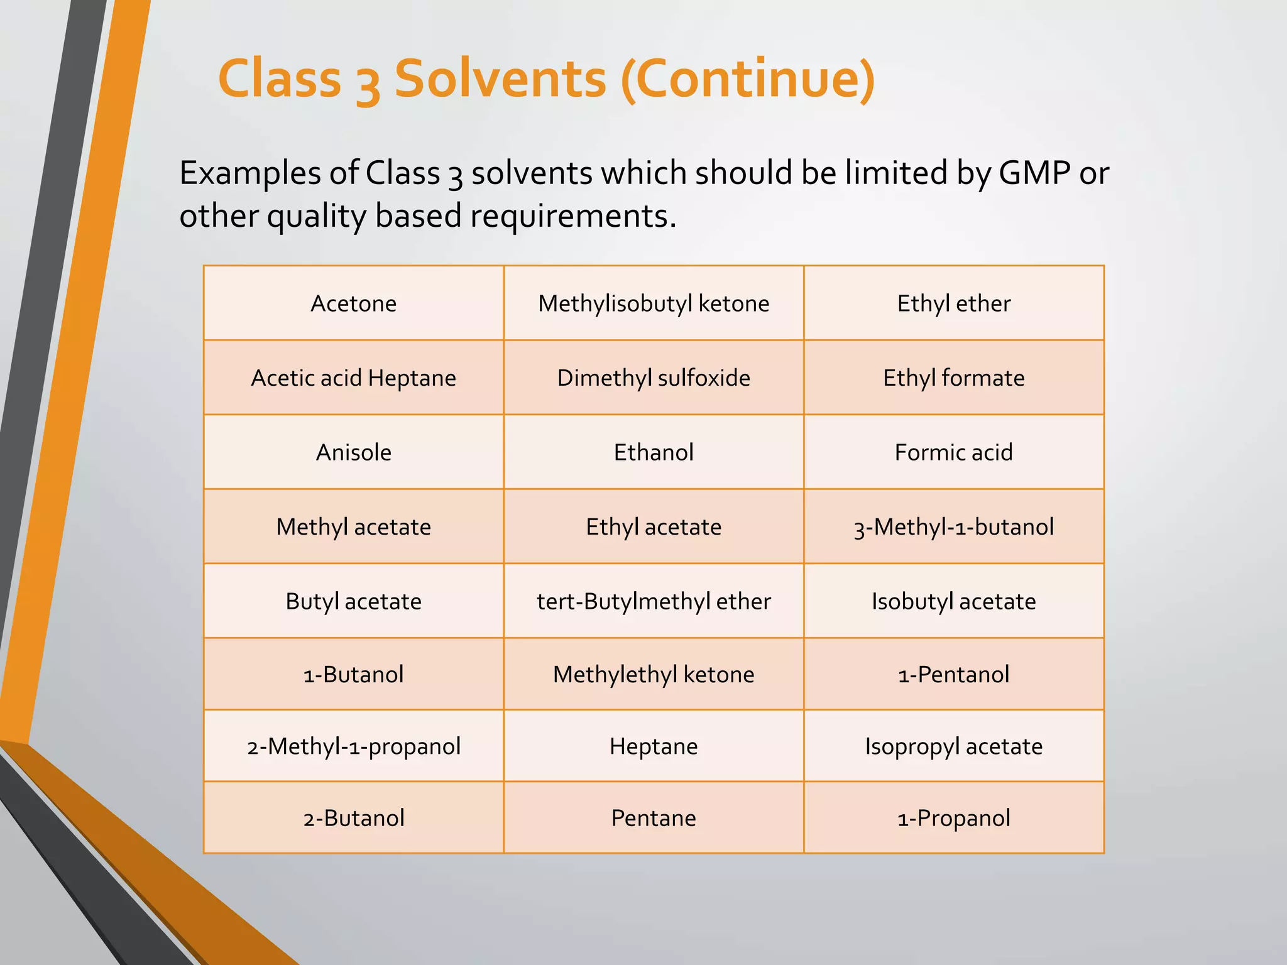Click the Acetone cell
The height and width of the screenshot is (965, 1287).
[353, 303]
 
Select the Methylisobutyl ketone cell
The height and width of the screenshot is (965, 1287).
[654, 303]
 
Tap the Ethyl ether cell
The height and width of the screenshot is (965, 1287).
[953, 303]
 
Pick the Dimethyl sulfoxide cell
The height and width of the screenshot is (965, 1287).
[654, 378]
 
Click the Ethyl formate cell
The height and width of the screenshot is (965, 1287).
[953, 378]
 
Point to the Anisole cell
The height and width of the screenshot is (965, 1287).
[353, 452]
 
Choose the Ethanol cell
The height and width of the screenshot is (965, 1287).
[654, 452]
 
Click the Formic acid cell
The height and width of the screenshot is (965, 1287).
[953, 452]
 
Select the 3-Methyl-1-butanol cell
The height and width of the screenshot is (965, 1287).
[953, 526]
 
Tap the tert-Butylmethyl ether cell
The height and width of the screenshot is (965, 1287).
[654, 601]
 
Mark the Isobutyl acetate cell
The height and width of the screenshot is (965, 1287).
[953, 601]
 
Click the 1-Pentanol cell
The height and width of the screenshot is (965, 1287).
[953, 674]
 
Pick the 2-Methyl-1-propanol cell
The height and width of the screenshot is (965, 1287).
[353, 746]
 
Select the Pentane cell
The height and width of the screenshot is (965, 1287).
[654, 818]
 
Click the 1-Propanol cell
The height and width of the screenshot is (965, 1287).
[953, 818]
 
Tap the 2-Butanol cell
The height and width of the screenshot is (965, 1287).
[353, 818]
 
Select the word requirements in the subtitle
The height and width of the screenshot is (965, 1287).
[573, 216]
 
